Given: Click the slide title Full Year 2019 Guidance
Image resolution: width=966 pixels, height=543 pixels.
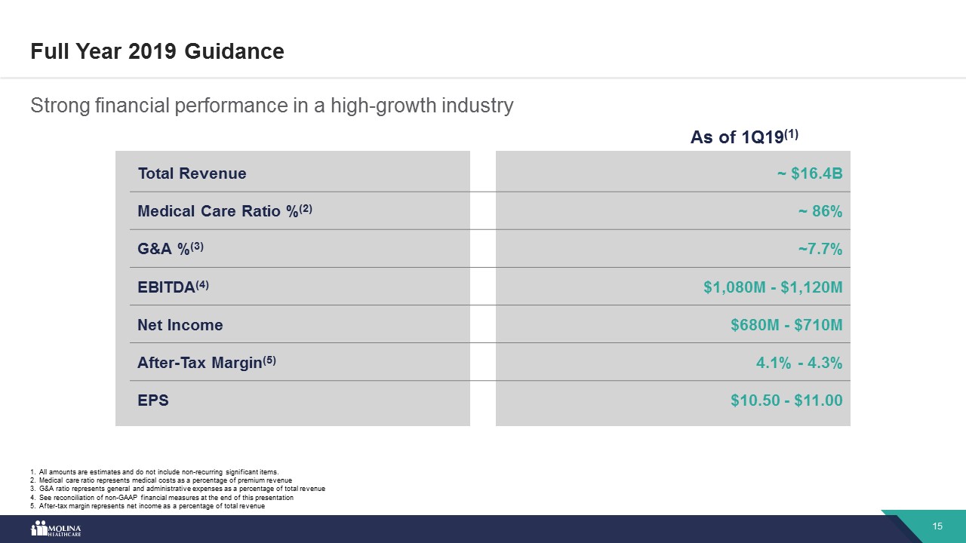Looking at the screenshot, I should tap(157, 51).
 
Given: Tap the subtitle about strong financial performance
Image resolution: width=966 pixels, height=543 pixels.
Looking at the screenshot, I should tap(272, 106).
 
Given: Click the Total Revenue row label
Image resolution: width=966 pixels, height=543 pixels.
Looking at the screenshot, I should tap(192, 173).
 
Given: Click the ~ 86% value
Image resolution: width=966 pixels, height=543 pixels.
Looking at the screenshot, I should tap(820, 212).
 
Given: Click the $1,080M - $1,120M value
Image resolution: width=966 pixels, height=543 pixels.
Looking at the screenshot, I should tap(773, 287).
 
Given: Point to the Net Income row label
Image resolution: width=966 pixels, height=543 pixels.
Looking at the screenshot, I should tap(180, 325).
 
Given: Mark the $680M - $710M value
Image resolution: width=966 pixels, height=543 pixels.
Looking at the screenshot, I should tap(786, 325).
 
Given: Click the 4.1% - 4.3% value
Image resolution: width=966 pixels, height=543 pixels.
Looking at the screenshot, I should tap(799, 363).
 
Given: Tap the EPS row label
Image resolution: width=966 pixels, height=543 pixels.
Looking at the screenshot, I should tap(153, 400).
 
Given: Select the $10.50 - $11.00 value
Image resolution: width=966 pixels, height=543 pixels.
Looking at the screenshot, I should tap(786, 400).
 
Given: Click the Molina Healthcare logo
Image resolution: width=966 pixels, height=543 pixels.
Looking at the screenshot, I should tap(55, 529).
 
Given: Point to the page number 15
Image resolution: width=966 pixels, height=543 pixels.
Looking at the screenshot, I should tap(938, 526).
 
